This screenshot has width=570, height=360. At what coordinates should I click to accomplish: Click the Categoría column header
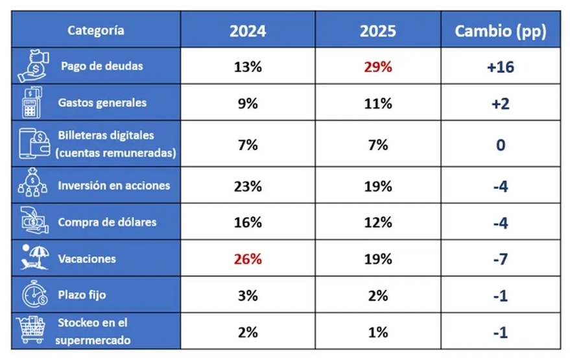[x=96, y=30]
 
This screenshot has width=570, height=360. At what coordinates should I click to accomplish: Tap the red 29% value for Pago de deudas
[x=377, y=66]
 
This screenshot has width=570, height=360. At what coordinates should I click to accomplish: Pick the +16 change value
[x=500, y=67]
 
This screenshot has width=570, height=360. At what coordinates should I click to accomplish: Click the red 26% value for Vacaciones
[x=248, y=259]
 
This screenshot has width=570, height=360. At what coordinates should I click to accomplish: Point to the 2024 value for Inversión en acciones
[x=248, y=186]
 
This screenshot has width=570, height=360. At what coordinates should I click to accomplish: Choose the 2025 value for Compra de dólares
[x=377, y=222]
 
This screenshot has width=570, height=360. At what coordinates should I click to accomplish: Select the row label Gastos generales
[x=102, y=102]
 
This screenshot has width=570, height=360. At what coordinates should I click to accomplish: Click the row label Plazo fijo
[x=82, y=294]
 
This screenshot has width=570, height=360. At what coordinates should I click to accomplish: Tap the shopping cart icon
[x=33, y=331]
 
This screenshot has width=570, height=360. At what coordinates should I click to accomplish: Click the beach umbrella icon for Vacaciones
[x=32, y=258]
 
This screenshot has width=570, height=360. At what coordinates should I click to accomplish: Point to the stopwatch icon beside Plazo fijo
[x=33, y=294]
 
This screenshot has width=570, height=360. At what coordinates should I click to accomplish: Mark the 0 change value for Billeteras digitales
[x=500, y=145]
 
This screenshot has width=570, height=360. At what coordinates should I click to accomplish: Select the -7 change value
[x=500, y=259]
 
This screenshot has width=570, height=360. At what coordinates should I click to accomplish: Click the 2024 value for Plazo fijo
[x=248, y=296]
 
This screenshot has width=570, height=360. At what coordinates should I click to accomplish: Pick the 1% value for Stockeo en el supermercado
[x=377, y=332]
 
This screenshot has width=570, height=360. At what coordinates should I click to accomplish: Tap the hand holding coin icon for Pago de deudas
[x=32, y=66]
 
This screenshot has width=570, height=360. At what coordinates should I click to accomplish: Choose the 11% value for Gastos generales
[x=377, y=103]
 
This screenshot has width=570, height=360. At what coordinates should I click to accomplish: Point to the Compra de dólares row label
[x=107, y=222]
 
